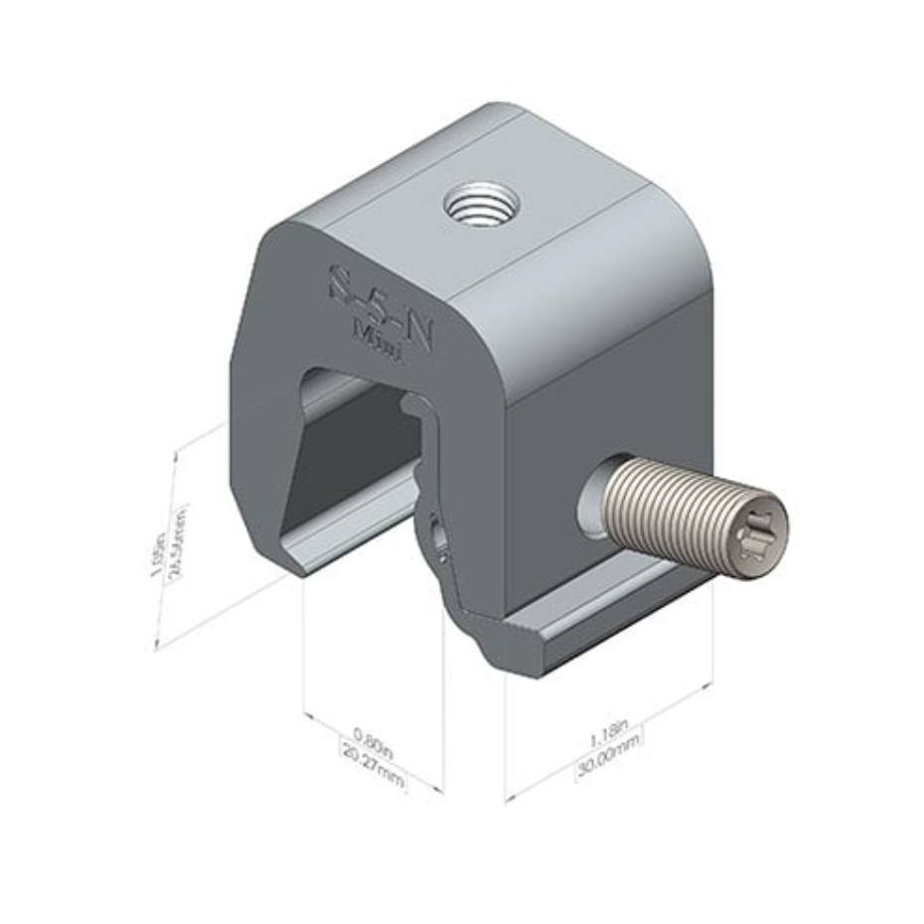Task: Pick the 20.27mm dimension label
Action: point(374,768)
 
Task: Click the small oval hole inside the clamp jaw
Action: point(435,538)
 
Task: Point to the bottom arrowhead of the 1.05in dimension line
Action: point(158,646)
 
